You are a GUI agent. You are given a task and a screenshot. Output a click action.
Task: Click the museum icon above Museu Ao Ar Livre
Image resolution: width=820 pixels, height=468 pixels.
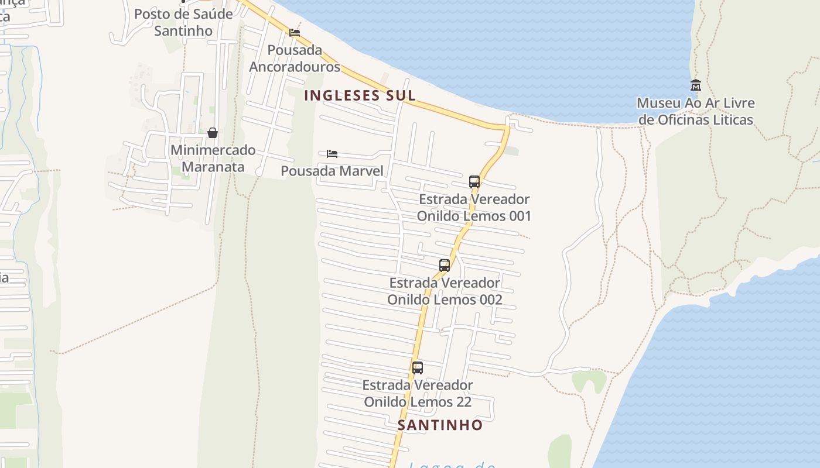click(x=695, y=85)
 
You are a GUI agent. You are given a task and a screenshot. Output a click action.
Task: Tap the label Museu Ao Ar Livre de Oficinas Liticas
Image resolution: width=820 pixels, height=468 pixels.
click(x=695, y=112)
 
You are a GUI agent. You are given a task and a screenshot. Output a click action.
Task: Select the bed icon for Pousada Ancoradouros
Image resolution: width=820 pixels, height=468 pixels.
click(x=295, y=33)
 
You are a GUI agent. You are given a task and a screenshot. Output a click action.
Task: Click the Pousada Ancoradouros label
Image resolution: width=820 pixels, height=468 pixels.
click(x=295, y=58)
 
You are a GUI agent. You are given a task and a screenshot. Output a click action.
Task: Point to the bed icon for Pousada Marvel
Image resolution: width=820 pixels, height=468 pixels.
click(x=332, y=154)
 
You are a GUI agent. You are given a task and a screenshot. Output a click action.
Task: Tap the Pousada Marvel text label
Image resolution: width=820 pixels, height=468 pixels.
click(x=332, y=171)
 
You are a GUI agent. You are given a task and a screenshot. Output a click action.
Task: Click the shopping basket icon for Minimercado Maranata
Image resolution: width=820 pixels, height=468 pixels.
click(x=213, y=133)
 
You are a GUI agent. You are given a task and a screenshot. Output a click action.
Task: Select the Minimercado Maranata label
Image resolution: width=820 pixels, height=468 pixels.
click(x=213, y=159)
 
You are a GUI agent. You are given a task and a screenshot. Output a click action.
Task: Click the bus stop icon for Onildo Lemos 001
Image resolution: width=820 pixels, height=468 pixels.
click(x=474, y=182)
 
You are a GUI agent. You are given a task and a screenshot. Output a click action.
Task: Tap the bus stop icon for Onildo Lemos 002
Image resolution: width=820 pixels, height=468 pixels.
click(x=445, y=266)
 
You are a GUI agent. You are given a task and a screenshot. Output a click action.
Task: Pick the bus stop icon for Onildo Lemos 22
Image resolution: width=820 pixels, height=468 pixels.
click(x=418, y=368)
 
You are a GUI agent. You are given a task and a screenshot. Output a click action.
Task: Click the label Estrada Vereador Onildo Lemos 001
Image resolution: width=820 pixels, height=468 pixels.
click(x=474, y=208)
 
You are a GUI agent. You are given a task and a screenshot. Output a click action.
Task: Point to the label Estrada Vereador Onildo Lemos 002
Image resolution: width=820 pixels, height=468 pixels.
click(x=445, y=291)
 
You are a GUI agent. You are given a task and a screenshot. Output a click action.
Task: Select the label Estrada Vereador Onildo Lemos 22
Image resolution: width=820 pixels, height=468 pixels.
click(x=418, y=394)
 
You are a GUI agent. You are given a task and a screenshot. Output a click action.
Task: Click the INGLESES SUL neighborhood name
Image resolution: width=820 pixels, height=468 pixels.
click(x=360, y=95)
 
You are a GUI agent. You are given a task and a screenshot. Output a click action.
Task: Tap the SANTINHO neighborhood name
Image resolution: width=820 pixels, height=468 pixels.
click(x=440, y=425)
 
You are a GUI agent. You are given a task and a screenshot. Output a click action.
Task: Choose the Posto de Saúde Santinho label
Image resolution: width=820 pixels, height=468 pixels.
click(x=183, y=22)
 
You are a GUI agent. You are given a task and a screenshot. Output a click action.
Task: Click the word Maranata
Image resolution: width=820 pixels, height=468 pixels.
click(x=213, y=167)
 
